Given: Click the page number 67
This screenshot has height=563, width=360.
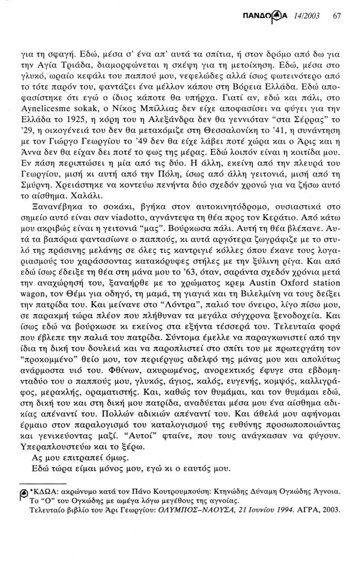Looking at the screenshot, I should point(337,15).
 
